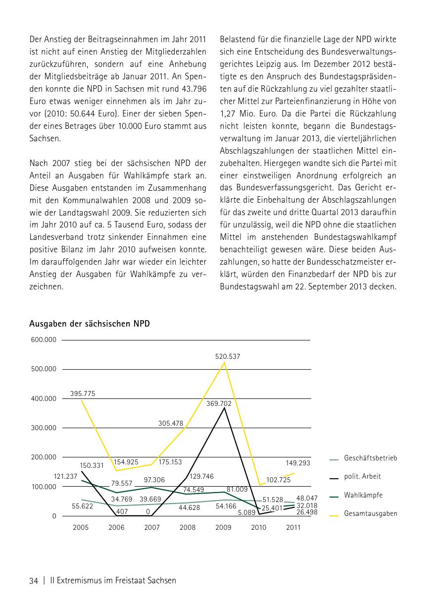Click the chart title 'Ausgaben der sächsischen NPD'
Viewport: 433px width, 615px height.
(x=90, y=324)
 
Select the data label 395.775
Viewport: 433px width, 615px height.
(x=83, y=393)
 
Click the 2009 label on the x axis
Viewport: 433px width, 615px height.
(x=223, y=527)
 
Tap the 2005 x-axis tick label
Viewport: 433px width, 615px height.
(x=81, y=527)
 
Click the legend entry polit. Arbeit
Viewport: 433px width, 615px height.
(x=362, y=477)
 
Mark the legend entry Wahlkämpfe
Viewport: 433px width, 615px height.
(x=363, y=495)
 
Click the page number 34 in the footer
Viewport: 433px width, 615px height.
(x=34, y=581)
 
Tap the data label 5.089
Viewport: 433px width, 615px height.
(x=246, y=512)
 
